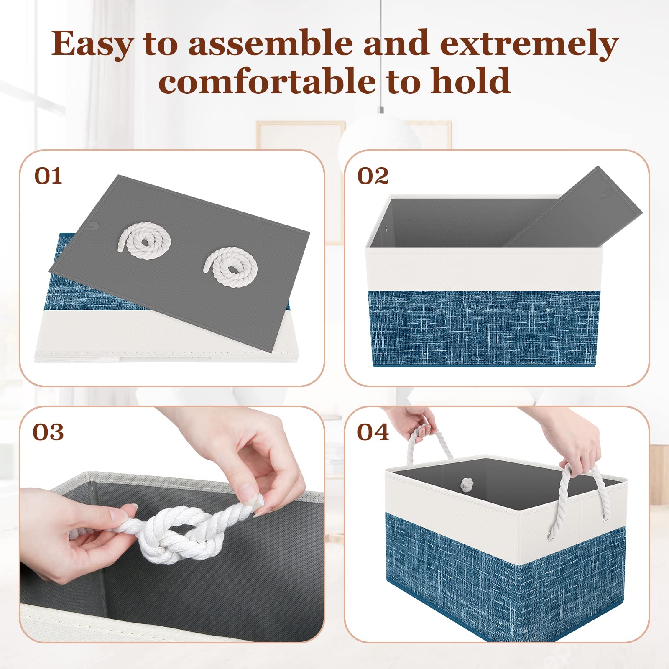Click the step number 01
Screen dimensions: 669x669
(48, 176)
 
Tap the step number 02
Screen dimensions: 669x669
(373, 176)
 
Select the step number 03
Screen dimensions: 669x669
(48, 432)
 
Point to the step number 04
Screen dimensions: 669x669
(373, 432)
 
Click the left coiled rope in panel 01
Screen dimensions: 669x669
(145, 240)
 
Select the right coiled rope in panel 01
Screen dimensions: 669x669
(231, 266)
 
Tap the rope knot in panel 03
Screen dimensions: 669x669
(180, 535)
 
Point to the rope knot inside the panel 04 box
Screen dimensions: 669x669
(467, 485)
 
